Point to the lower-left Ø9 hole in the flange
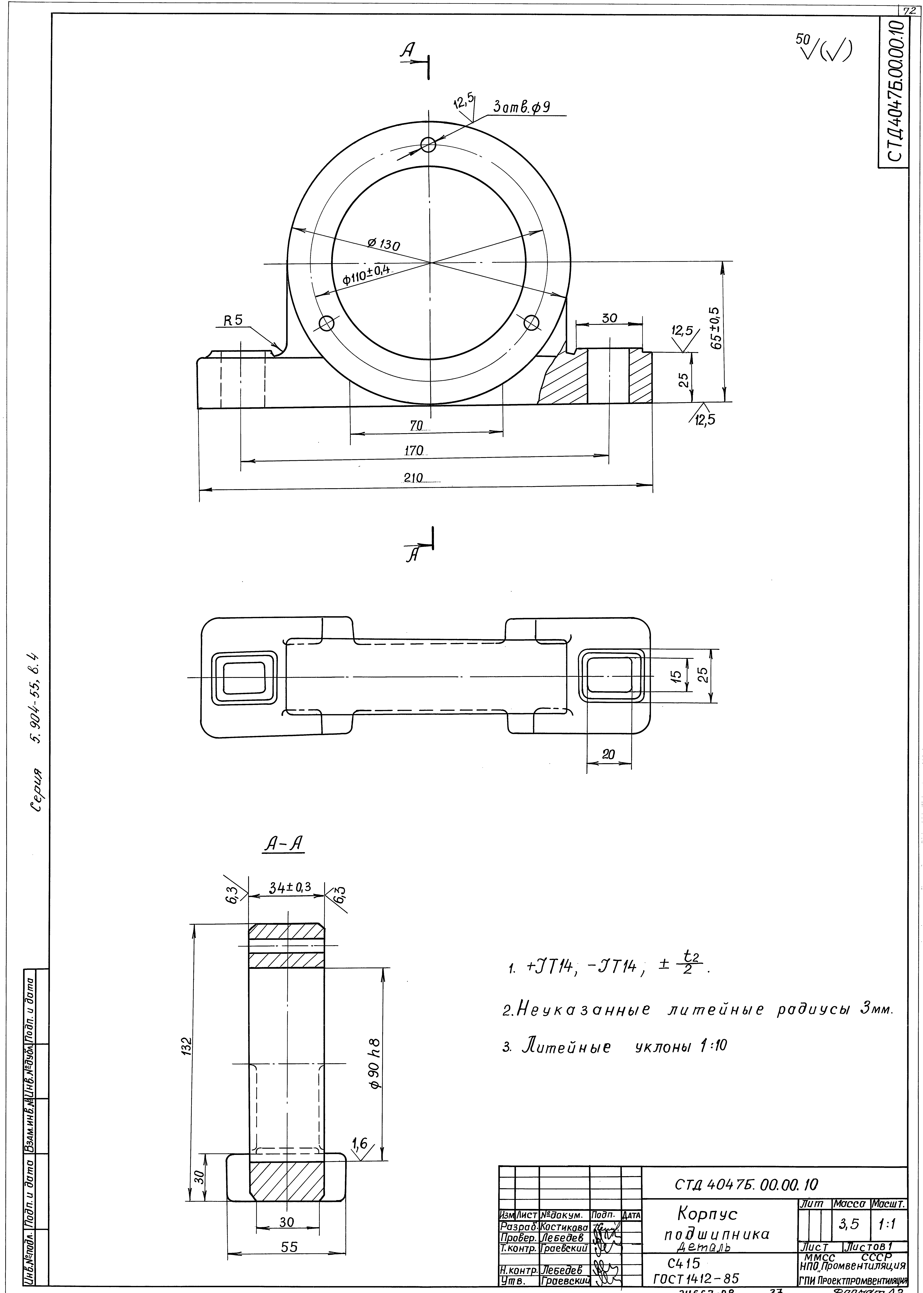(326, 323)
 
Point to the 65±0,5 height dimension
(714, 329)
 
